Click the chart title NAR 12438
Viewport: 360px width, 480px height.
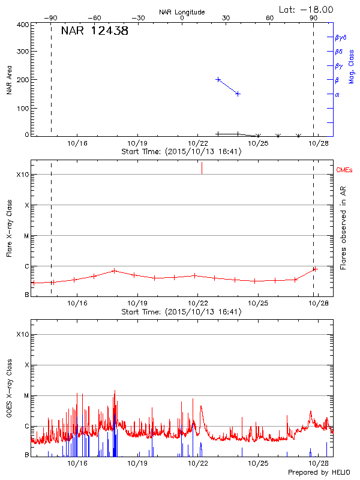(95, 31)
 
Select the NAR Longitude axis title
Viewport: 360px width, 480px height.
(182, 12)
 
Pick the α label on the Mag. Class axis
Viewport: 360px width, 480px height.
(337, 94)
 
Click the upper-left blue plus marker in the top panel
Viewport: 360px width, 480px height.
(218, 79)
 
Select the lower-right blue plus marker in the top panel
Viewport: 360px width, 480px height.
(238, 94)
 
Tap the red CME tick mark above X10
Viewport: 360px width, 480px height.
(202, 168)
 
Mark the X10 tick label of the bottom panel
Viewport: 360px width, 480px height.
(22, 334)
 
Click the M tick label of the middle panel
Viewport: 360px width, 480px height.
(26, 236)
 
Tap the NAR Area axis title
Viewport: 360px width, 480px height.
(9, 81)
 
